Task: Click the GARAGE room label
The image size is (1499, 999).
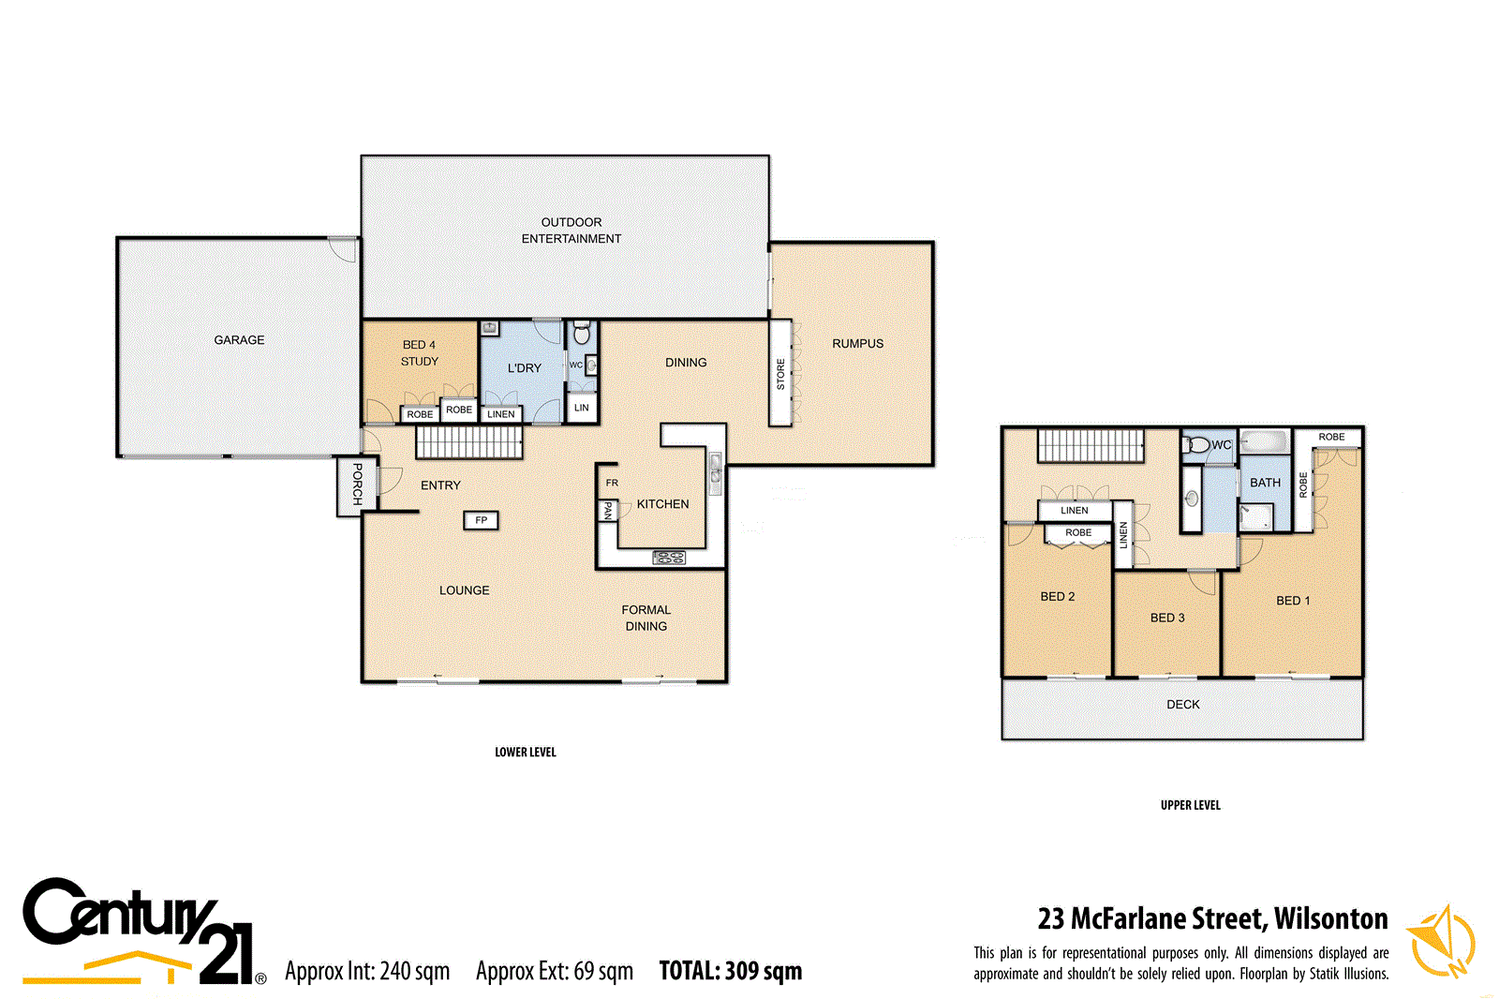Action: click(239, 340)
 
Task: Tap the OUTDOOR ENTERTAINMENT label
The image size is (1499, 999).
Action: click(571, 231)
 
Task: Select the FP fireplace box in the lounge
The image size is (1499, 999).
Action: click(481, 520)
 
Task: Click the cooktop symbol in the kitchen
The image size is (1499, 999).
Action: click(668, 558)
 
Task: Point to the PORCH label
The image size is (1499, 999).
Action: click(357, 484)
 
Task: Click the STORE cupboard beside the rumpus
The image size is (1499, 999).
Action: click(780, 374)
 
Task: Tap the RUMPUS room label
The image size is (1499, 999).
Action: click(857, 344)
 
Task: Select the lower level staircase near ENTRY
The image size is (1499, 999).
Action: click(468, 442)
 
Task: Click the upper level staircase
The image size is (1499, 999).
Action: click(1091, 446)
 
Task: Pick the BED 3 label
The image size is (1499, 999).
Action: click(1167, 618)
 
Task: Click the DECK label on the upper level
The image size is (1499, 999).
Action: click(1182, 705)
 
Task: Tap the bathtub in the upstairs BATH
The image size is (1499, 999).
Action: click(1265, 440)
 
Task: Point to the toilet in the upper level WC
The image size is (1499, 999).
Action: click(1196, 444)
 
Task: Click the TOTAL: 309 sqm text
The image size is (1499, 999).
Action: click(730, 971)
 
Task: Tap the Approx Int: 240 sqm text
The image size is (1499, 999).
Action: click(367, 971)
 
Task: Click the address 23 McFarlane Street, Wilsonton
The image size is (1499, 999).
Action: click(1212, 918)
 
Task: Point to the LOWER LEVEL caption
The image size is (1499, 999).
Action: click(525, 753)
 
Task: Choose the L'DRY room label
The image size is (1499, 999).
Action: click(524, 368)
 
